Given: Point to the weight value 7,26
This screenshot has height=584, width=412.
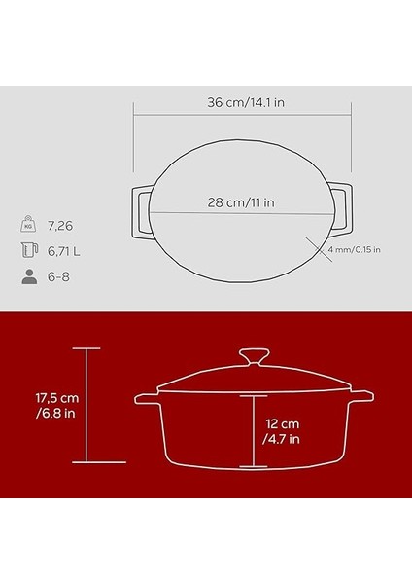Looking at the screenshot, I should coord(60,225).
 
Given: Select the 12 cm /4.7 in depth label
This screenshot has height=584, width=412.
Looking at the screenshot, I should coord(284,430).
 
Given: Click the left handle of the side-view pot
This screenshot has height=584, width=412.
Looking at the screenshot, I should coord(146,400).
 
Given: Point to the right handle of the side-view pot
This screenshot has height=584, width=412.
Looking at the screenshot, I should coord(360,398).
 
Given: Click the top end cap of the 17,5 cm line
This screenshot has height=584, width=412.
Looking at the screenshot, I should coord(87,348).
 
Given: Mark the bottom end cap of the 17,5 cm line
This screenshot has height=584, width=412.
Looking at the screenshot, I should coord(87,461).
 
